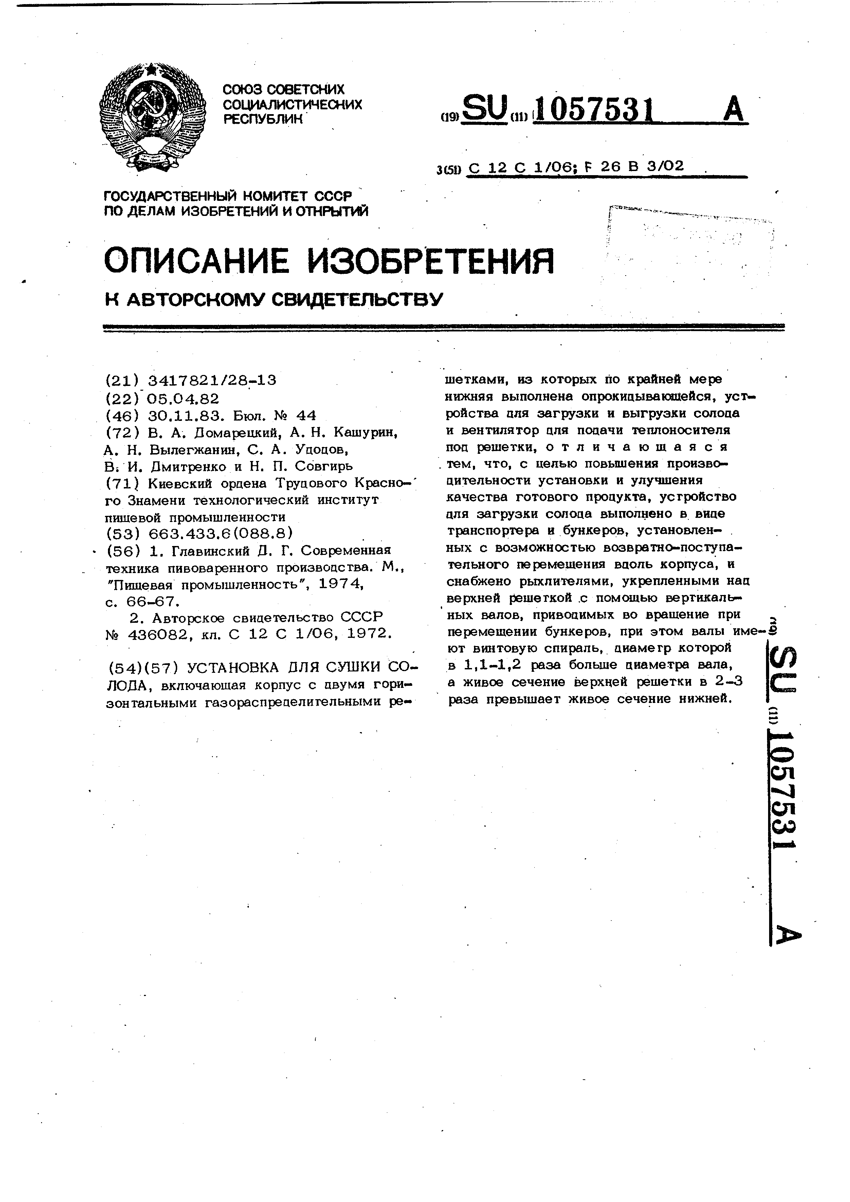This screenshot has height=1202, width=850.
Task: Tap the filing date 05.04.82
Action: tap(183, 398)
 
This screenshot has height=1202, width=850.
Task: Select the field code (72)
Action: tap(122, 433)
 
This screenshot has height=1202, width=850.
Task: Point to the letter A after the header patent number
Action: tap(733, 109)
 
